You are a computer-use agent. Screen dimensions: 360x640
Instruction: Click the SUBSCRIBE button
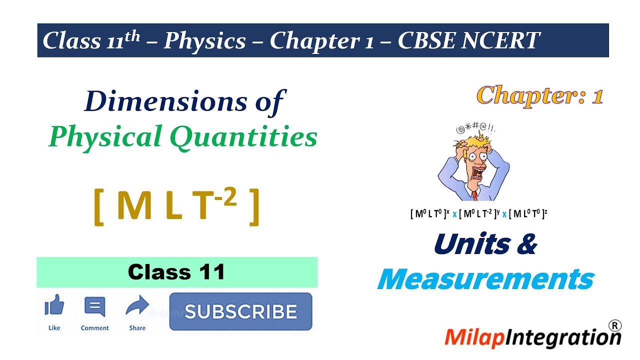pyautogui.click(x=240, y=311)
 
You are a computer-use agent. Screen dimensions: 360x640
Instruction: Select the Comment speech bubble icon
pyautogui.click(x=94, y=306)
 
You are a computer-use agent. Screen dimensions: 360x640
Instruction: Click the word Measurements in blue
pyautogui.click(x=485, y=279)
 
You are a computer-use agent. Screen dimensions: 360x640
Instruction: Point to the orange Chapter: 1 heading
pyautogui.click(x=539, y=95)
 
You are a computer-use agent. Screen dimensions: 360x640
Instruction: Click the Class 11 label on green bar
pyautogui.click(x=176, y=272)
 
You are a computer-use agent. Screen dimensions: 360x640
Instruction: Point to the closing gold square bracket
pyautogui.click(x=253, y=207)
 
